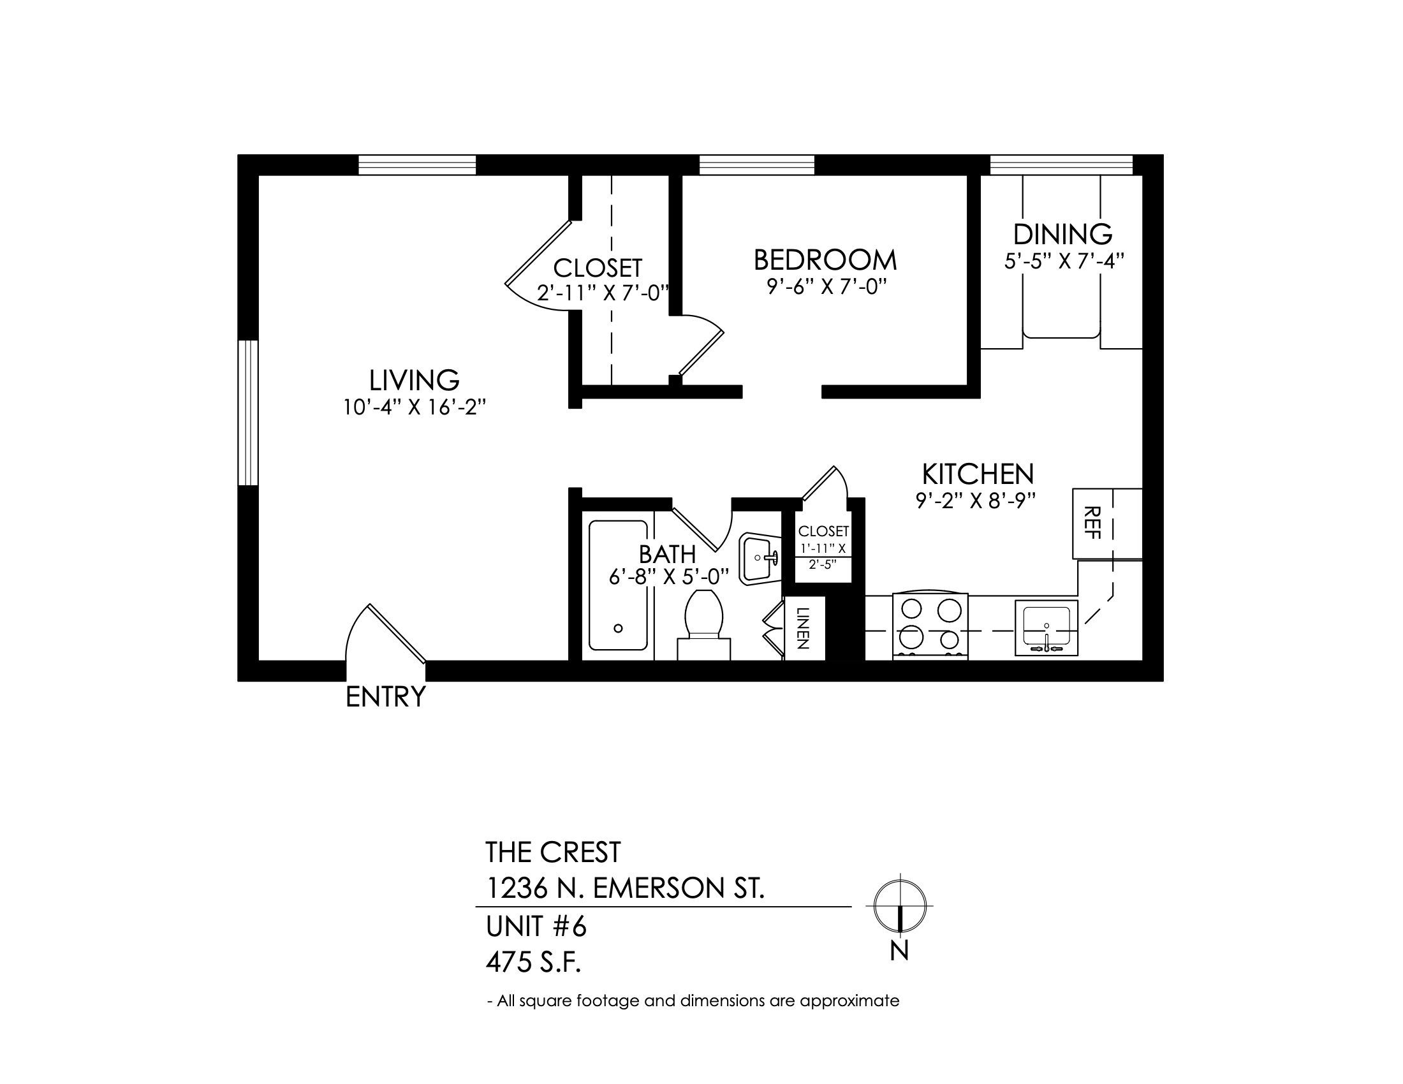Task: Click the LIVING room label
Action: pyautogui.click(x=415, y=380)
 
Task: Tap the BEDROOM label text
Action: pyautogui.click(x=825, y=260)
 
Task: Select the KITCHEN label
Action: pyautogui.click(x=978, y=474)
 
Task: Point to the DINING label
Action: pyautogui.click(x=1063, y=235)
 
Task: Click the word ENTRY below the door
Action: pyautogui.click(x=385, y=697)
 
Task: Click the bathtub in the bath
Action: pyautogui.click(x=619, y=585)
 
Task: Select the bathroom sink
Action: pyautogui.click(x=760, y=559)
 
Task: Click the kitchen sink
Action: pyautogui.click(x=1047, y=628)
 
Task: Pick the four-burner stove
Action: pyautogui.click(x=930, y=626)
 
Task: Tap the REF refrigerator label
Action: pyautogui.click(x=1092, y=523)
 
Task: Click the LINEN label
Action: pyautogui.click(x=803, y=628)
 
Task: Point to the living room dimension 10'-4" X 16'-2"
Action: pyautogui.click(x=415, y=407)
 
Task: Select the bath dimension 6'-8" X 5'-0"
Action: pyautogui.click(x=668, y=576)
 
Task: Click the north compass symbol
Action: pyautogui.click(x=900, y=906)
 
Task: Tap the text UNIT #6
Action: pyautogui.click(x=536, y=927)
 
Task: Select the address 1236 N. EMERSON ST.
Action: pyautogui.click(x=625, y=889)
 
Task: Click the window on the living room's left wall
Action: pyautogui.click(x=248, y=413)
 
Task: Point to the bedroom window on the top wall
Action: pyautogui.click(x=757, y=165)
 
